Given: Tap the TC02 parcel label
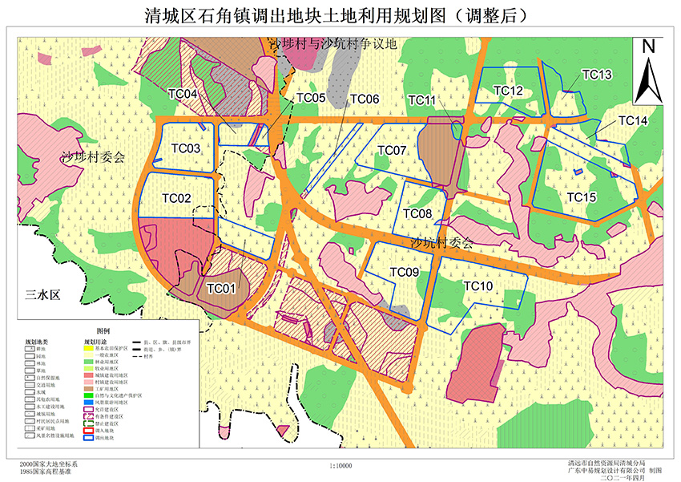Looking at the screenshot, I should point(176,198).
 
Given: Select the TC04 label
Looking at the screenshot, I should point(183,94).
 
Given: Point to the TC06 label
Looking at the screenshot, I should point(365,99).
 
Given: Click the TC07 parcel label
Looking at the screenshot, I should point(393,151).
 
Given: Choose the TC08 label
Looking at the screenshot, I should point(417,214).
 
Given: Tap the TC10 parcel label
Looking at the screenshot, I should point(478,286).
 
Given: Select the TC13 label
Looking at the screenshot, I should point(597,75).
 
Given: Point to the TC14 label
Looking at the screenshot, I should point(633,120).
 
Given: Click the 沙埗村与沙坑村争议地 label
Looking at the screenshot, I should point(332,45).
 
